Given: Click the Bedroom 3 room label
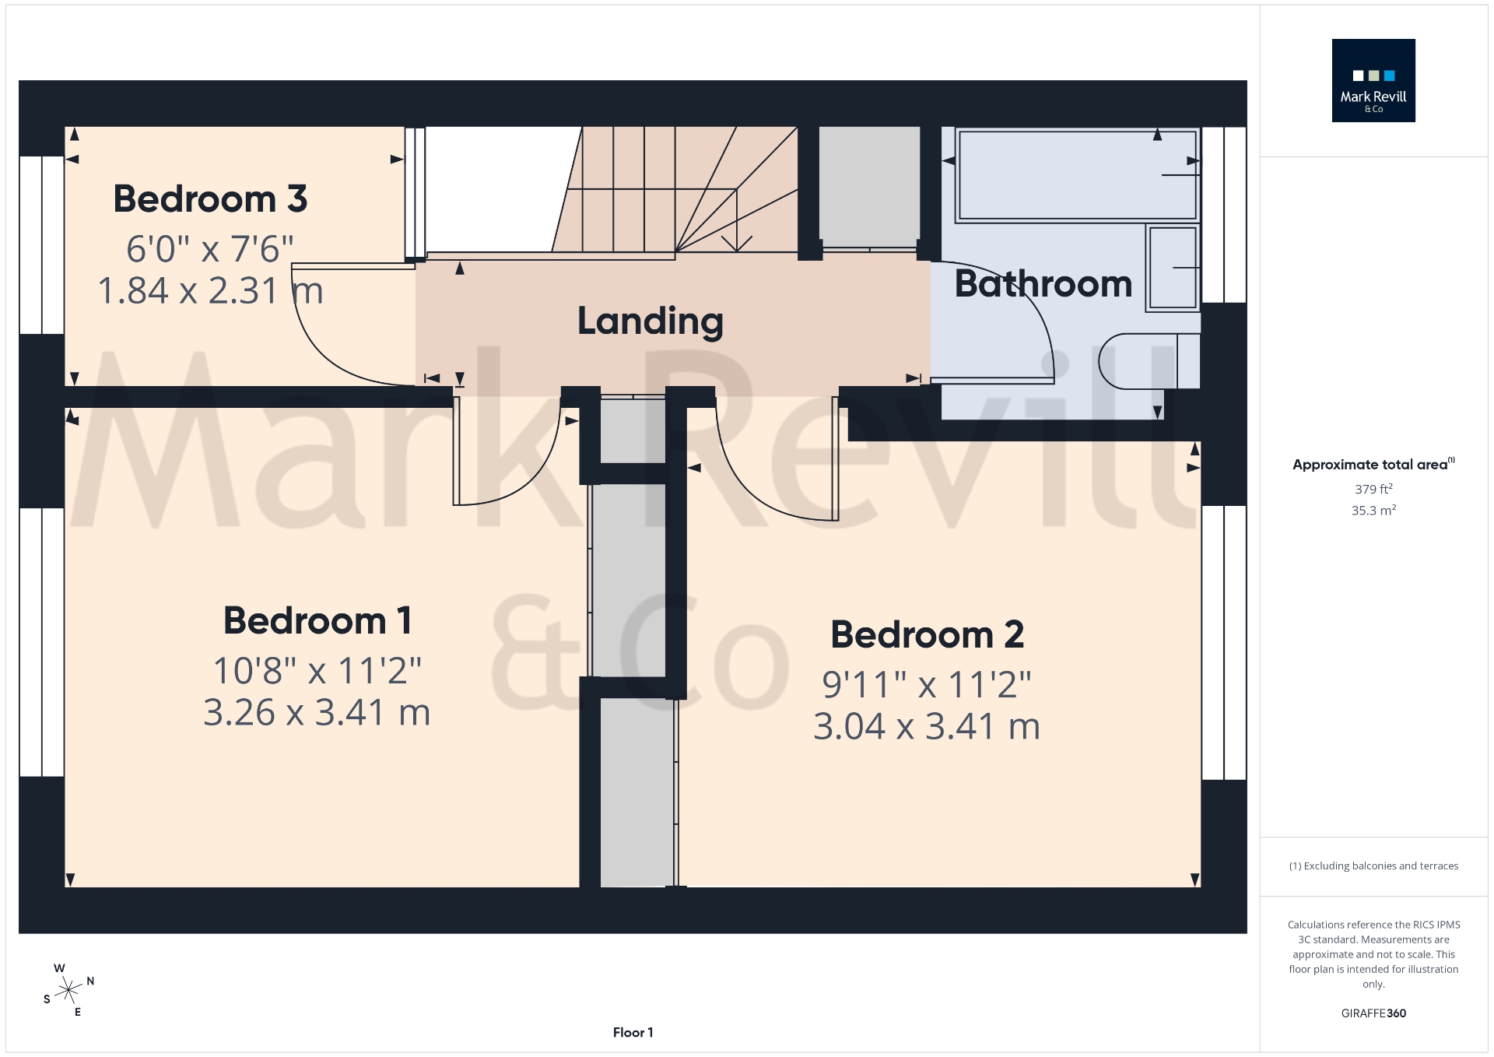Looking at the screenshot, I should (x=210, y=199).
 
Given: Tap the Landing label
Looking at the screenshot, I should (x=651, y=321).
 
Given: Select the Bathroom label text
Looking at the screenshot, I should (x=1043, y=283).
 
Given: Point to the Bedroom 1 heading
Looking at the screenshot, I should (x=317, y=621).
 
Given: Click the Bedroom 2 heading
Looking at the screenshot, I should (x=927, y=635).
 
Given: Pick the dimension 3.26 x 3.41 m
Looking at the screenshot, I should (x=317, y=713).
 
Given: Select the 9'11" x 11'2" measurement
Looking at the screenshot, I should (x=926, y=685).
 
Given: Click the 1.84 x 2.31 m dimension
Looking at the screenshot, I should (x=210, y=291).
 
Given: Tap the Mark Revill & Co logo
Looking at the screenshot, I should (x=1373, y=81).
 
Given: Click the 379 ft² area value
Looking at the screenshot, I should (x=1373, y=490).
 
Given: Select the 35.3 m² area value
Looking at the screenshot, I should (x=1373, y=511).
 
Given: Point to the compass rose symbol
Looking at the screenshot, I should (x=69, y=990).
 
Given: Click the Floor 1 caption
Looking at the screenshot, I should (x=633, y=1033).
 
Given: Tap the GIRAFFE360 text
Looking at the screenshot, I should (x=1373, y=1013).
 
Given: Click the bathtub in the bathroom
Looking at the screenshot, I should (x=1077, y=175).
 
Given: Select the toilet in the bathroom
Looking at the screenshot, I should (x=1148, y=361).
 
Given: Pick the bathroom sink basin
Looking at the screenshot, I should (x=1172, y=268).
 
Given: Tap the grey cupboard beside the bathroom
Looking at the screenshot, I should (x=869, y=187).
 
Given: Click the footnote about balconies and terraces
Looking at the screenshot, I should (x=1373, y=866).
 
